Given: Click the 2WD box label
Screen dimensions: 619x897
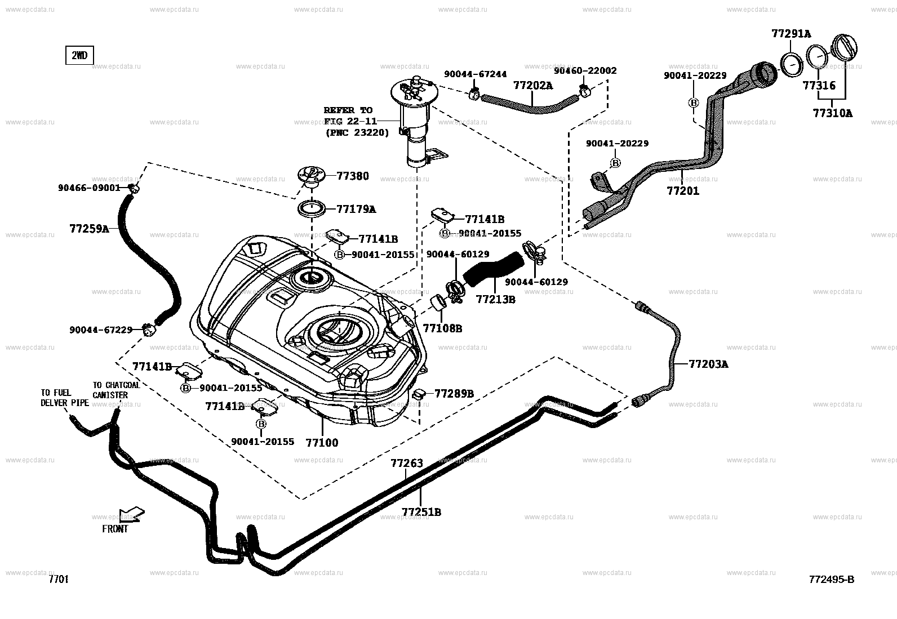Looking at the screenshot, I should point(79,56).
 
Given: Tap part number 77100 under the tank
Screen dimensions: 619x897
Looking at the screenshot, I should point(322,443).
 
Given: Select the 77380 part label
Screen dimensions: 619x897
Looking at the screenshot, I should point(353,176).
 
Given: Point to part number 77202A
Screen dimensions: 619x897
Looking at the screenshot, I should point(532,86).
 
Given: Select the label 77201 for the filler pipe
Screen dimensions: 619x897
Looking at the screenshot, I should point(683,191).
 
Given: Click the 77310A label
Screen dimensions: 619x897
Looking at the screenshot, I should point(832,113).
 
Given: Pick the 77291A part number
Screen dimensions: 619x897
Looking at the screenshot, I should point(791,34).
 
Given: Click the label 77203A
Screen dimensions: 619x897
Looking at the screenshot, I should point(708,364).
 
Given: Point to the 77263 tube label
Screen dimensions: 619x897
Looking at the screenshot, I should point(406,464).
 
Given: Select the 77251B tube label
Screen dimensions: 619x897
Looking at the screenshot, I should point(421,512).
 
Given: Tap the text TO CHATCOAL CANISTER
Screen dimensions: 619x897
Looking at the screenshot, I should point(116,390).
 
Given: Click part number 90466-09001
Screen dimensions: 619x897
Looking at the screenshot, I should point(89,188).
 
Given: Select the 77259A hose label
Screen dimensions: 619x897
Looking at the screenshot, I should point(89,229).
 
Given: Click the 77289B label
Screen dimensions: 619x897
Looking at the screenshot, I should point(454,393).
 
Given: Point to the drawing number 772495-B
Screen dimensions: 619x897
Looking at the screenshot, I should point(831,580).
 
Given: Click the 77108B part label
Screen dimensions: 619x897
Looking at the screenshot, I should point(442,328).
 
